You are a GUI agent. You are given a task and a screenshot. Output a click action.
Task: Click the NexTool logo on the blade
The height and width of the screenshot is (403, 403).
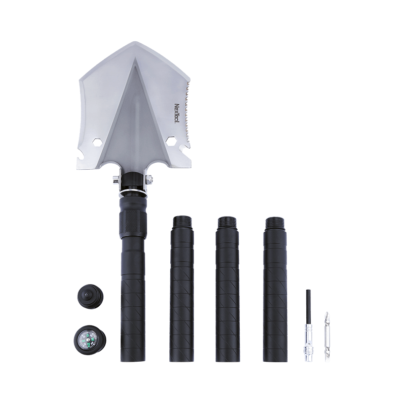tap(178, 114)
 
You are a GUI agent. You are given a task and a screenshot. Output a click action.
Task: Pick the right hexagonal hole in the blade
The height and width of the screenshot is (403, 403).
tap(170, 141)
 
